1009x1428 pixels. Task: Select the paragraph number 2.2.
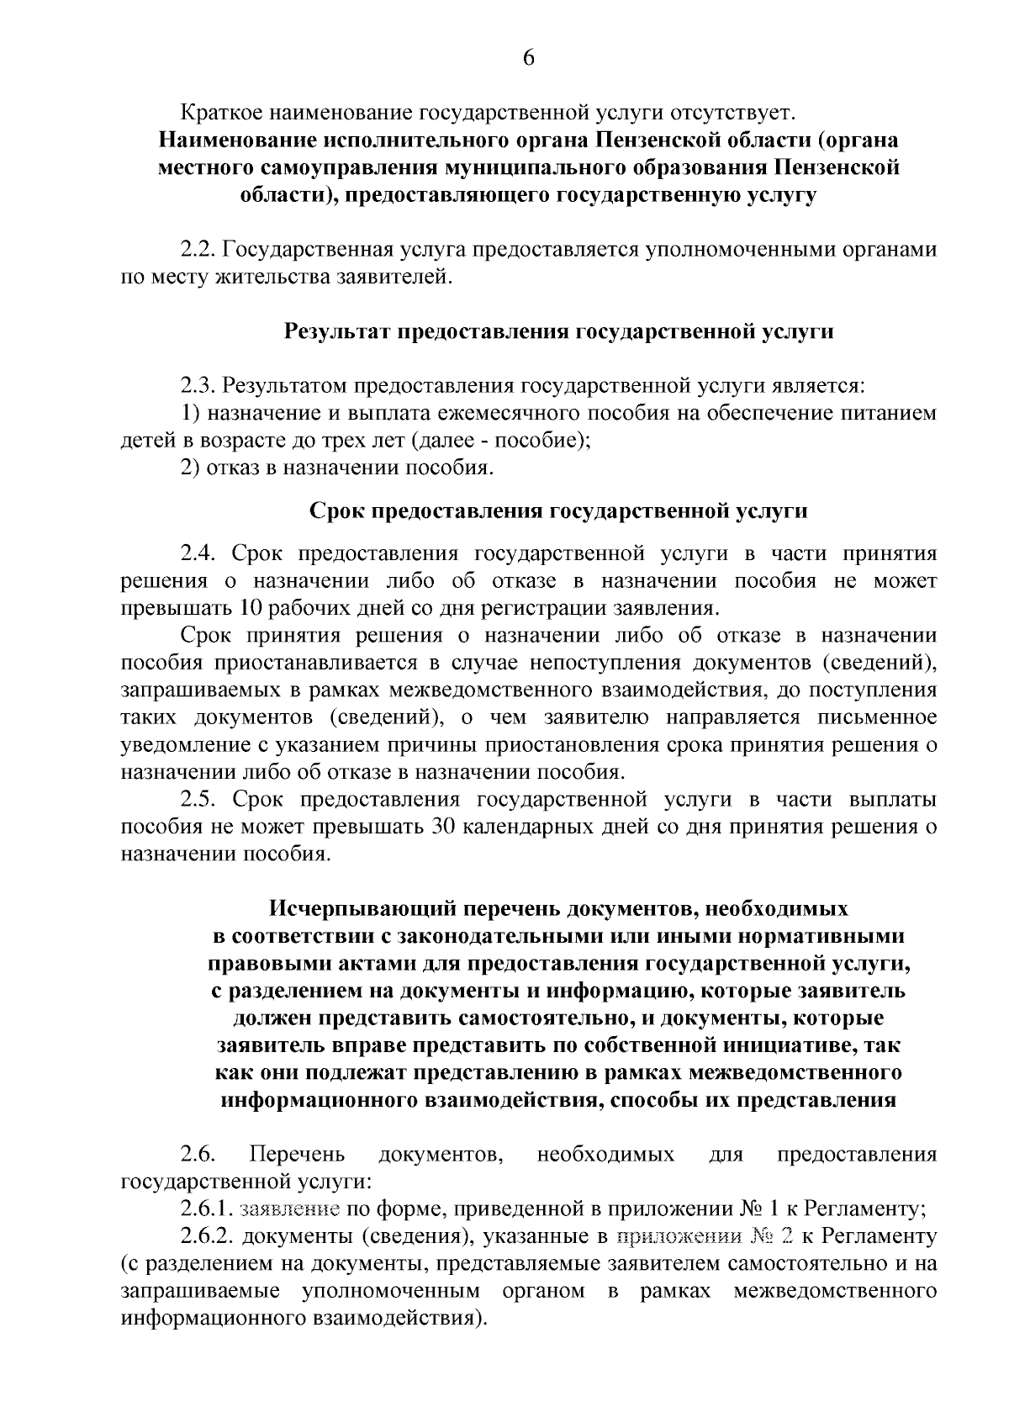(198, 249)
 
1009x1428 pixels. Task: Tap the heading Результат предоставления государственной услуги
(558, 331)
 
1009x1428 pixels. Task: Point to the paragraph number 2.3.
(198, 386)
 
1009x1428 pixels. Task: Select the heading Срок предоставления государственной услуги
(558, 510)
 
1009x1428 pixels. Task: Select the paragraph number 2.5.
(199, 799)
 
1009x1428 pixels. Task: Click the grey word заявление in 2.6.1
(289, 1210)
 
